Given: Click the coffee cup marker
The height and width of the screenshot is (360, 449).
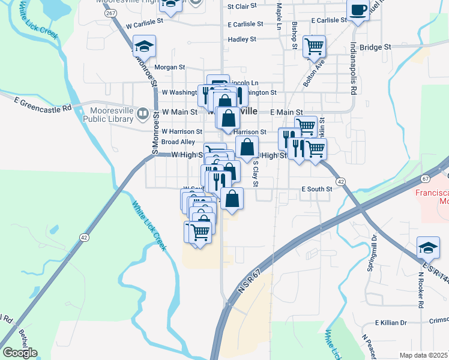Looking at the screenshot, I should tap(358, 11).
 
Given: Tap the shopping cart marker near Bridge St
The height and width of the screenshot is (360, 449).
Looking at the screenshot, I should tap(314, 46).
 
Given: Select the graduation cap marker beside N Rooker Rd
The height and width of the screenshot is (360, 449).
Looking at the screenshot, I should tap(427, 247).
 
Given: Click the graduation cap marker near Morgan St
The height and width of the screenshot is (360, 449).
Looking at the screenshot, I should tap(144, 46).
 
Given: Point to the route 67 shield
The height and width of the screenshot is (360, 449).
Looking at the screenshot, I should tap(426, 178).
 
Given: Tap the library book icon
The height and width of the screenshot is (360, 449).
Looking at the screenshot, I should tap(143, 113).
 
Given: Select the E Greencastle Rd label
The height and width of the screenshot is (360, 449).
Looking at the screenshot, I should tap(43, 109).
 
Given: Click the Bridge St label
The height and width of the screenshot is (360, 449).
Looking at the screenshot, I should tap(375, 46).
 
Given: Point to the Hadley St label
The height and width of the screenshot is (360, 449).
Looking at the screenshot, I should tap(242, 40).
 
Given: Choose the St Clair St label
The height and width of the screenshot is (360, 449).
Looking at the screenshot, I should tap(242, 6).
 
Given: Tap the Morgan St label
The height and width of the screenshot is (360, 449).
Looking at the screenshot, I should tap(169, 68).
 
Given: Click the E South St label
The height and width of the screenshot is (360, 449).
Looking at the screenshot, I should tap(316, 190).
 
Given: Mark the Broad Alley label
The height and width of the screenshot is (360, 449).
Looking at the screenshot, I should tap(178, 142).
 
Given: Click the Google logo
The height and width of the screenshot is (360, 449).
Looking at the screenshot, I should tap(20, 353).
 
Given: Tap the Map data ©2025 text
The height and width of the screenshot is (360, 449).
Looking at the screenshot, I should tap(423, 355).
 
